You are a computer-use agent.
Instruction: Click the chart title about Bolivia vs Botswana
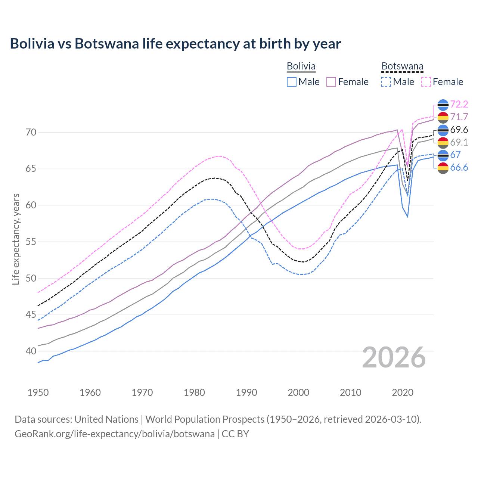[x=175, y=44]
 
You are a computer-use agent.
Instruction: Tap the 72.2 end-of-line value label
[x=459, y=104]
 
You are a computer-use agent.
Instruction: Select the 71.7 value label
[x=459, y=117]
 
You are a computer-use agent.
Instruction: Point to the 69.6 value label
[x=459, y=130]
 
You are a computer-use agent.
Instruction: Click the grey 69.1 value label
[x=459, y=142]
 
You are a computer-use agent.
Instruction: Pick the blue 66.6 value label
[x=459, y=167]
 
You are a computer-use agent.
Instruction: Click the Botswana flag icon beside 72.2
[x=443, y=105]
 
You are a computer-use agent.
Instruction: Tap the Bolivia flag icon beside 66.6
[x=443, y=168]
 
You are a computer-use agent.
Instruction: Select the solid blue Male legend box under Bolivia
[x=292, y=82]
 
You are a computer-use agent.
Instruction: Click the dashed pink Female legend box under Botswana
[x=426, y=82]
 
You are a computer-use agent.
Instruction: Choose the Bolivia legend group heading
[x=301, y=66]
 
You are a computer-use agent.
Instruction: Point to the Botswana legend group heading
[x=402, y=66]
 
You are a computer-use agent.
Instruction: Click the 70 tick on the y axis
[x=31, y=132]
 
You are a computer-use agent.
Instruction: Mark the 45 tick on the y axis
[x=31, y=315]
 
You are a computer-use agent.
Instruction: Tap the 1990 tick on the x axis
[x=246, y=392]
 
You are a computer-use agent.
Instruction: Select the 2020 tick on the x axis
[x=403, y=392]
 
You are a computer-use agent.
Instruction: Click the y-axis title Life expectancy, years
[x=16, y=239]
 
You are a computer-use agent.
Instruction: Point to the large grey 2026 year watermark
[x=394, y=358]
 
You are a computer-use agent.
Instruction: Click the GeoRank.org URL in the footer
[x=115, y=434]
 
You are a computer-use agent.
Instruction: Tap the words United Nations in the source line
[x=106, y=419]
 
